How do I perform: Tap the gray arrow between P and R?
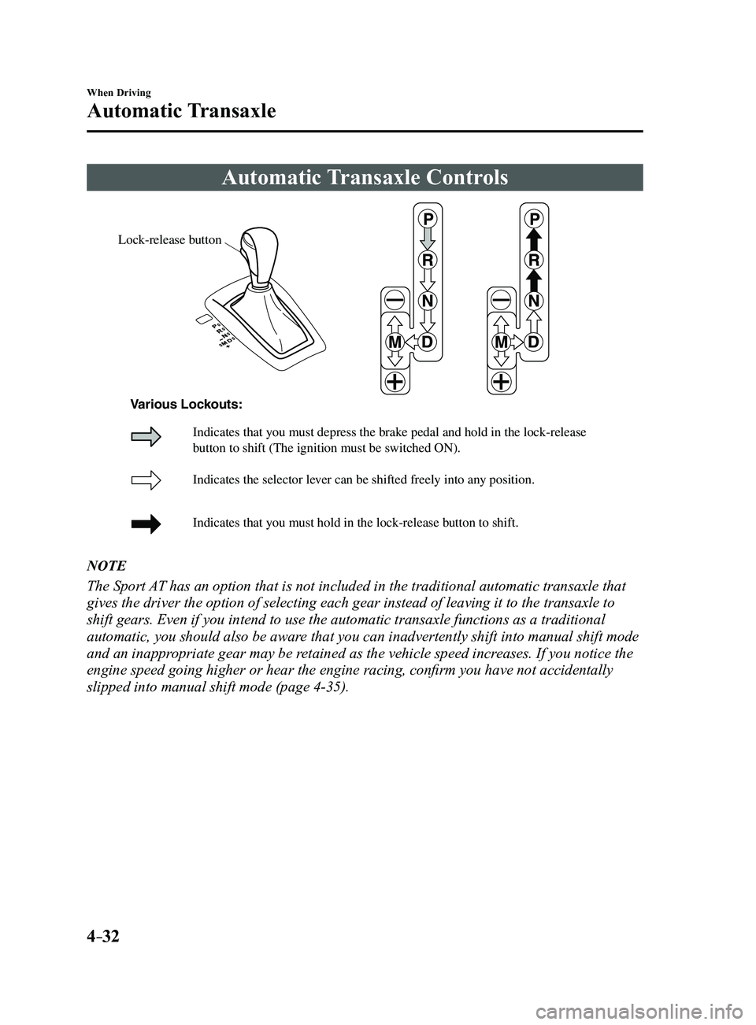point(428,240)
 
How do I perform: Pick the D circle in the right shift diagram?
point(533,342)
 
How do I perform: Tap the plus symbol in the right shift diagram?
point(502,381)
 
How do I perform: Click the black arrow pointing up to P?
point(533,240)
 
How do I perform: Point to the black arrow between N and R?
point(533,281)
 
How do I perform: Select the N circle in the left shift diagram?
point(428,301)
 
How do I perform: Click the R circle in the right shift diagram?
point(533,261)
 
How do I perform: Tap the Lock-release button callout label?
point(170,240)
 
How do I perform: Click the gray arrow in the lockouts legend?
point(146,437)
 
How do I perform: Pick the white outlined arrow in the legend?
point(146,480)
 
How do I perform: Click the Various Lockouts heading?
point(187,405)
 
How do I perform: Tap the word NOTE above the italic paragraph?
point(106,566)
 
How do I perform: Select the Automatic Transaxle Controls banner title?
point(365,177)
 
